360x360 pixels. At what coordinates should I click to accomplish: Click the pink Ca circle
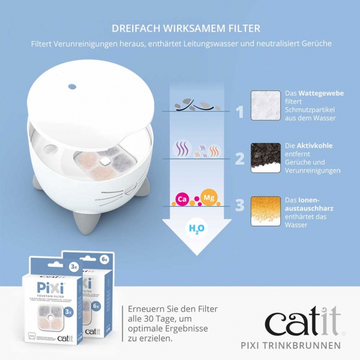click(182, 199)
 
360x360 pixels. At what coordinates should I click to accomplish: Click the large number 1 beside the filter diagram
click(239, 112)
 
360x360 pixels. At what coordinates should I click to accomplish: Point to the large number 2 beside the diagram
click(239, 158)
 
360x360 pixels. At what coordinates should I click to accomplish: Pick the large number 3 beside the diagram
click(239, 205)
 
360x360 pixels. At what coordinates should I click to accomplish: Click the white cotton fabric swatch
click(265, 106)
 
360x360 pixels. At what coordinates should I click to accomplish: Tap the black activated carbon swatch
click(265, 158)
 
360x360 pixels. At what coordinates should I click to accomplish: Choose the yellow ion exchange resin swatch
click(265, 211)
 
